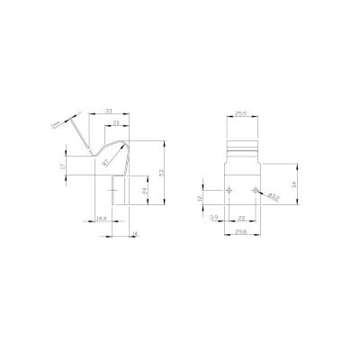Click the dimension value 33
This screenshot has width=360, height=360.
click(109, 111)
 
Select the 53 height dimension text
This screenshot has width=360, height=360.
click(163, 174)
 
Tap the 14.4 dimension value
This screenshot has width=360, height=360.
click(102, 219)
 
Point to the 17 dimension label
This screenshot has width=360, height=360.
click(62, 167)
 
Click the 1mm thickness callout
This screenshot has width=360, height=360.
click(58, 123)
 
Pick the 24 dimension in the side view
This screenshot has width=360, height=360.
click(145, 190)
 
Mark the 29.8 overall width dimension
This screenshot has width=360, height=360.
click(241, 230)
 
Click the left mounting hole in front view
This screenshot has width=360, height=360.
click(231, 190)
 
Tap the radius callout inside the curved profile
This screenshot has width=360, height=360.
click(107, 162)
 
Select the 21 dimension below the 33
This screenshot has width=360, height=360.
click(116, 123)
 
